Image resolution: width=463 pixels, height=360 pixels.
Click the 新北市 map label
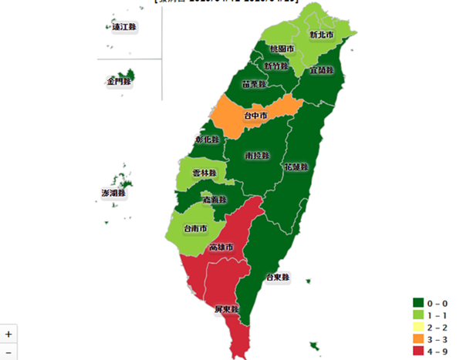[322, 35]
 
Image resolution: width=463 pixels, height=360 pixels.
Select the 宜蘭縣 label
[321, 70]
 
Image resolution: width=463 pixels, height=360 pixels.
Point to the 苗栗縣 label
[254, 84]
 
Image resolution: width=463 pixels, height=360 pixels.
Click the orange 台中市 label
[255, 116]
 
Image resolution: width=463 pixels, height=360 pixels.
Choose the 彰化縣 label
[207, 140]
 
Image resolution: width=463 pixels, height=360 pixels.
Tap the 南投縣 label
[257, 156]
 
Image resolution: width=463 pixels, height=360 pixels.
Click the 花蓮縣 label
[295, 167]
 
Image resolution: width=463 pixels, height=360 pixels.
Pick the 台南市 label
[194, 229]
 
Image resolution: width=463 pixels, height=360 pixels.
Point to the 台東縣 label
[276, 278]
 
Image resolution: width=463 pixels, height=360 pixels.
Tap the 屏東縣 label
[227, 310]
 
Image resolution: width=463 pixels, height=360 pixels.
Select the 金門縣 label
[119, 81]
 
